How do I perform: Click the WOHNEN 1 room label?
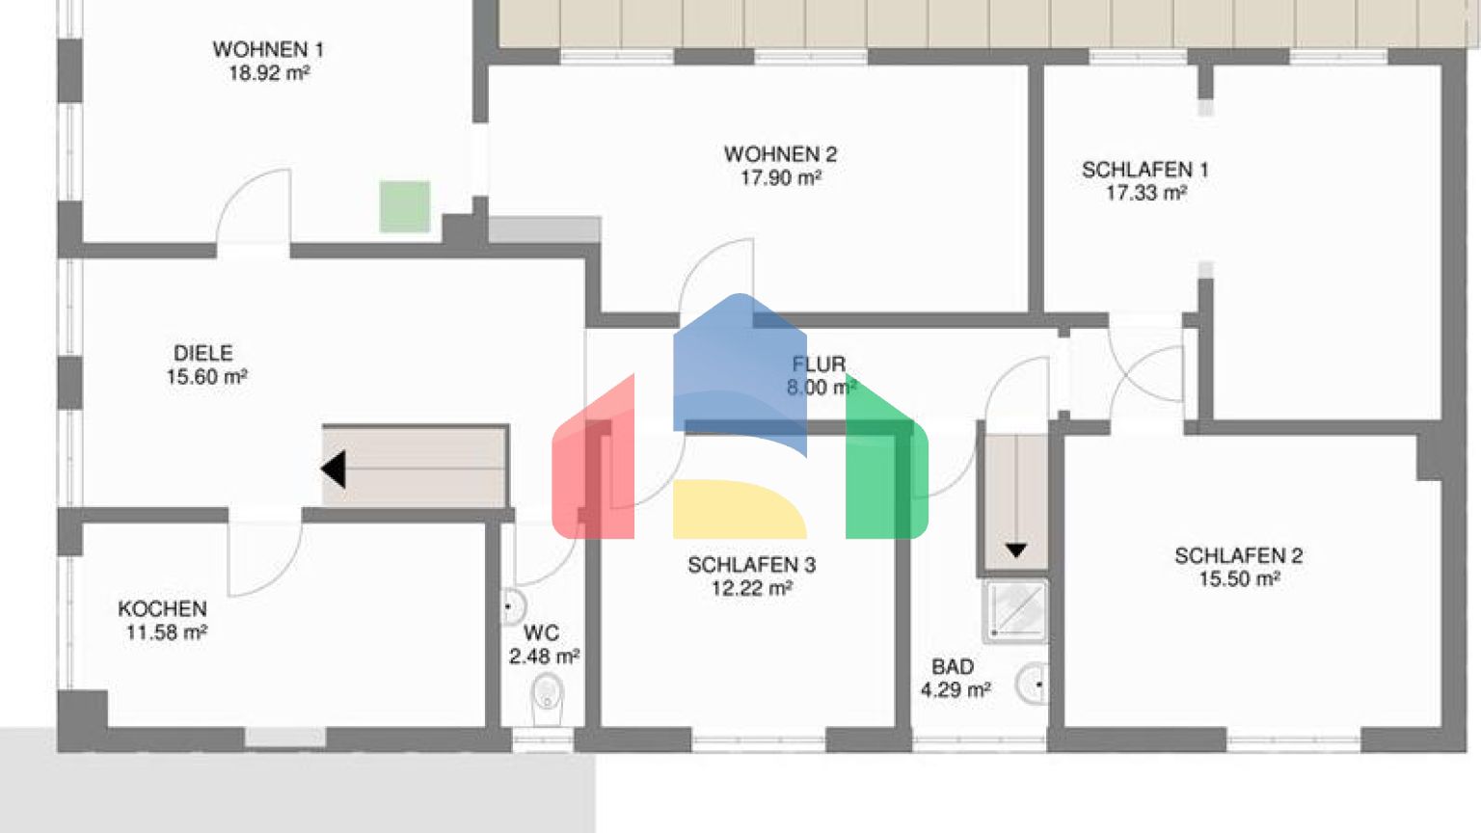coord(268,49)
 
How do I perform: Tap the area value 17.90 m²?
coord(781,177)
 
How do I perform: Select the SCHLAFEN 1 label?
coord(1144,170)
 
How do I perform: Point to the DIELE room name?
coord(203,353)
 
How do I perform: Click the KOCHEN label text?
coord(163,608)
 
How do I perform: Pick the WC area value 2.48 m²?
coord(544,657)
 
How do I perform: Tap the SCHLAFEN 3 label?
coord(752,565)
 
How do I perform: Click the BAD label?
coord(953,666)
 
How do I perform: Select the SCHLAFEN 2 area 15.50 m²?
coord(1240,579)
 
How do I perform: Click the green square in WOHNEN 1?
coord(405,207)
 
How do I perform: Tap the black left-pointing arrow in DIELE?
coord(334,470)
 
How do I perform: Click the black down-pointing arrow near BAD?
coord(1015,551)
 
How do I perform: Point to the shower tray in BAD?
coord(1016,611)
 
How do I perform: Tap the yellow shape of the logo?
coord(740,509)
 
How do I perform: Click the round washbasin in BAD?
coord(1032,684)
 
